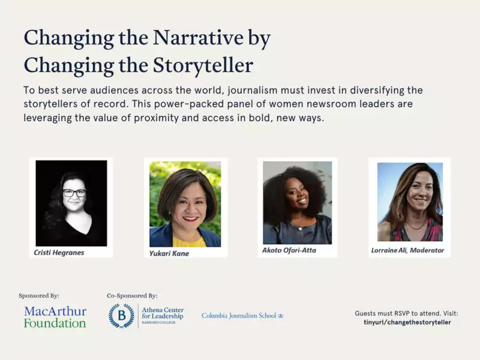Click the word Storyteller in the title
click(x=203, y=65)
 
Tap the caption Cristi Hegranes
click(x=59, y=253)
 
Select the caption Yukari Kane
click(x=169, y=253)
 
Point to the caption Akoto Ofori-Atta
click(x=289, y=250)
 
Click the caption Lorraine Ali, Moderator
click(x=407, y=250)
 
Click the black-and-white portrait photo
click(x=71, y=203)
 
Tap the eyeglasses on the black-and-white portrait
click(x=74, y=193)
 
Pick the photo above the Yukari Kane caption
click(x=185, y=204)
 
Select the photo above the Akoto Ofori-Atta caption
click(x=297, y=203)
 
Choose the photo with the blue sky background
click(x=410, y=202)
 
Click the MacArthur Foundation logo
click(x=55, y=317)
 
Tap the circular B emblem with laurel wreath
click(x=122, y=316)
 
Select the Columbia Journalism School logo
click(x=242, y=316)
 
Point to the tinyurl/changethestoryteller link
click(x=407, y=322)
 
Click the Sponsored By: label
click(x=39, y=296)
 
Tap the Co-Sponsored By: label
click(x=132, y=296)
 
